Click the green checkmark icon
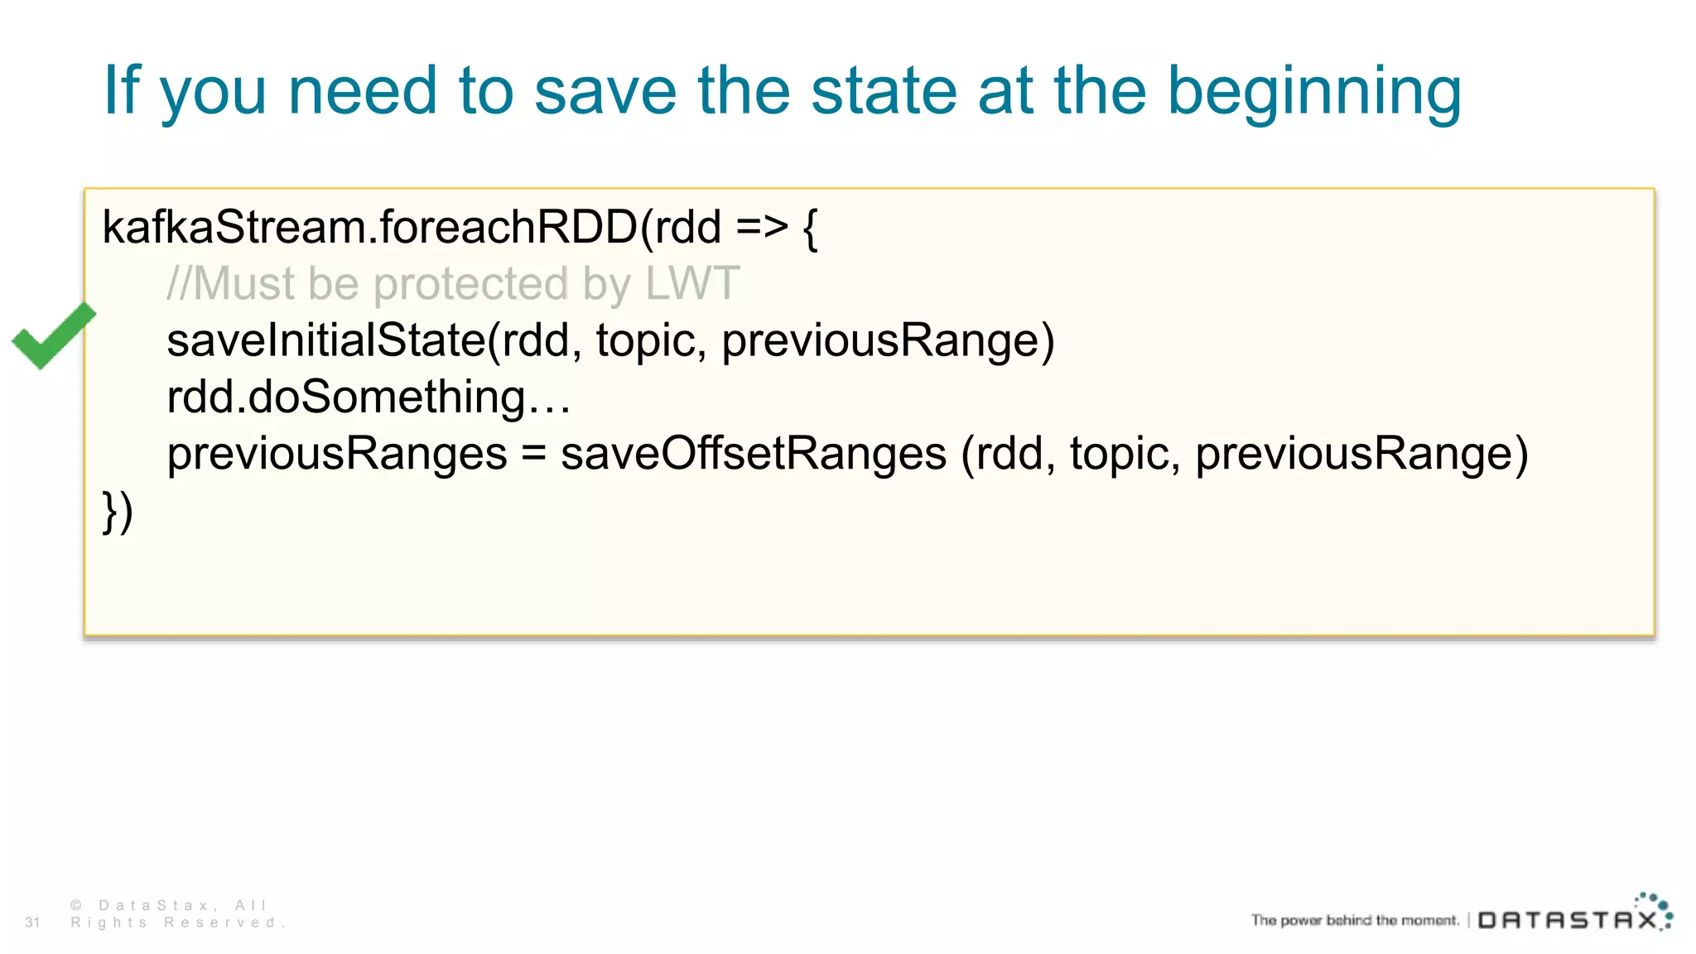coord(53,335)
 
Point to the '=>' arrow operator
coord(761,227)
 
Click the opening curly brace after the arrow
coord(810,229)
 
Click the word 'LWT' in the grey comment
coord(692,283)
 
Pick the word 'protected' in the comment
coord(470,285)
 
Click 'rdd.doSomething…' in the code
coord(369,397)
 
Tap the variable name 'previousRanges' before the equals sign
coord(337,454)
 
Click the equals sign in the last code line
coord(534,454)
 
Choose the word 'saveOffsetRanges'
coord(754,454)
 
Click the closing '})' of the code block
coord(118,511)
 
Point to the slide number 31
coord(32,923)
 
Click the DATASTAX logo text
coord(1568,920)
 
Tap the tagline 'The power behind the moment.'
coord(1355,920)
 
